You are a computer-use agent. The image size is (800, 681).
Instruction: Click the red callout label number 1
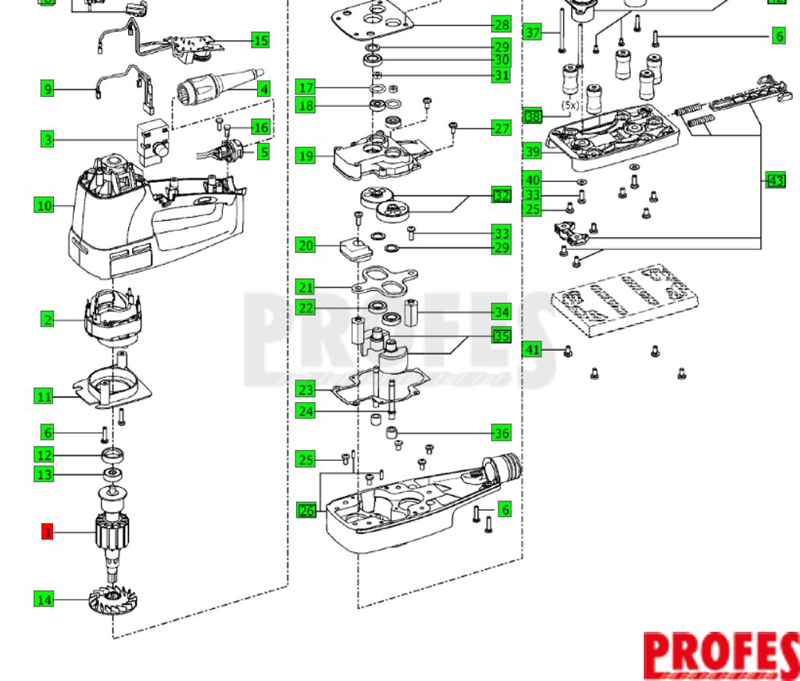[x=48, y=533]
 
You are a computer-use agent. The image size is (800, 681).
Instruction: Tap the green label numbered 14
[x=44, y=600]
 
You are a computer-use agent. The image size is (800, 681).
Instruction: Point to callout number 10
[x=44, y=206]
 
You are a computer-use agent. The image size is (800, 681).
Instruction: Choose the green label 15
[x=260, y=40]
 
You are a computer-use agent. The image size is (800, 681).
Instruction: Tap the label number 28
[x=501, y=25]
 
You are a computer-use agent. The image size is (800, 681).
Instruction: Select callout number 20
[x=305, y=245]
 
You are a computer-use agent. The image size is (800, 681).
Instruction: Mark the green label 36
[x=501, y=433]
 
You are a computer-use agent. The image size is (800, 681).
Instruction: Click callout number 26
[x=305, y=511]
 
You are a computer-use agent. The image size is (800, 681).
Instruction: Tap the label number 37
[x=532, y=33]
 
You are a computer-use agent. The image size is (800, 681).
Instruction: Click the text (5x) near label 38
[x=571, y=104]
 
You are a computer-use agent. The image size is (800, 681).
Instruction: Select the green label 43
[x=775, y=181]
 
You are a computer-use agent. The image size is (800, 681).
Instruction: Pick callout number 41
[x=532, y=350]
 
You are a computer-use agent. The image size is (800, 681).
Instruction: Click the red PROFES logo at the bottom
[x=720, y=654]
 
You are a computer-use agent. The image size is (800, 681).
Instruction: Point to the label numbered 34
[x=501, y=312]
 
